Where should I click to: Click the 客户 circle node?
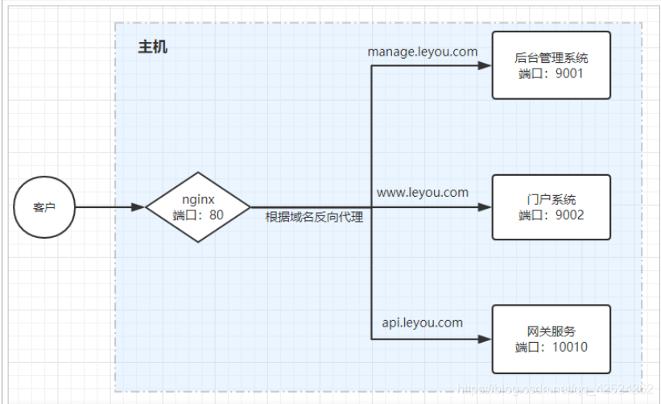44,207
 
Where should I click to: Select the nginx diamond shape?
198,206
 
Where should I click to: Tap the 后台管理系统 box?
551,65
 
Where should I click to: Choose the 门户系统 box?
551,206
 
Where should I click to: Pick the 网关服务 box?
551,339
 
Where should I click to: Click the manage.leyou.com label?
423,52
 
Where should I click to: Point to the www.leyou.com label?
423,193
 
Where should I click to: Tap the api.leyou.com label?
423,323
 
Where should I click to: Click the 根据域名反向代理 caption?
314,218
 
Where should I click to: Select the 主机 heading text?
152,48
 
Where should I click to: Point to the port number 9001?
567,73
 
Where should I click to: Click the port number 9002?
568,215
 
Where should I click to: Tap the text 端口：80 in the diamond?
198,215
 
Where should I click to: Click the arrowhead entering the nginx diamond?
138,207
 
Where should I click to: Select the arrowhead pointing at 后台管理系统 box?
485,66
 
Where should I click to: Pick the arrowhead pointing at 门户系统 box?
485,207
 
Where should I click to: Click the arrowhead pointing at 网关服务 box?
485,339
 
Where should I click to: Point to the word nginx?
198,198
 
